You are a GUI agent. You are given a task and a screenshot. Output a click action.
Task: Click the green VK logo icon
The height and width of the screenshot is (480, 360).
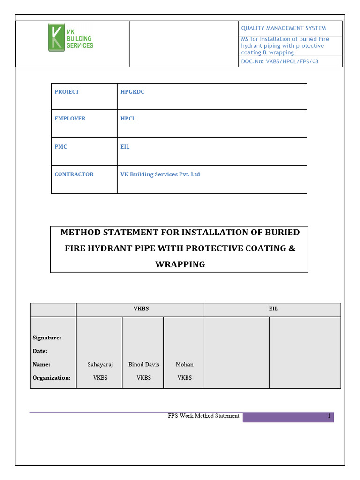tap(56, 38)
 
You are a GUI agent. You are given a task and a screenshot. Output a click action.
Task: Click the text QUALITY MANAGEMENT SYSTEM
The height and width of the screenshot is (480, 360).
tap(283, 28)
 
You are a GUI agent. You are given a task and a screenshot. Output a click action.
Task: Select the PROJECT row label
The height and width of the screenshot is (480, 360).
tap(67, 92)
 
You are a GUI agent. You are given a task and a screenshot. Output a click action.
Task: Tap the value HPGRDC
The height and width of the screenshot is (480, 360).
tap(132, 92)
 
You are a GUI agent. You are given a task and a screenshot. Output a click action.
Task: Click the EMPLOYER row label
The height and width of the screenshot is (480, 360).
tap(70, 119)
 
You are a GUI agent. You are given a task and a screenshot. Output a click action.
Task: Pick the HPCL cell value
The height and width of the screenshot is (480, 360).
tap(128, 119)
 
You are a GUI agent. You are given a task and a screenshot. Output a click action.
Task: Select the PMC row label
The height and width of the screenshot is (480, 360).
tap(60, 147)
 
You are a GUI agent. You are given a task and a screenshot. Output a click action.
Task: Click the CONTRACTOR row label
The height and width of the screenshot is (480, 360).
tap(74, 174)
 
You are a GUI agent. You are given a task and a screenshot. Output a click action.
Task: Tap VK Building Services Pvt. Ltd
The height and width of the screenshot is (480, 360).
tap(160, 174)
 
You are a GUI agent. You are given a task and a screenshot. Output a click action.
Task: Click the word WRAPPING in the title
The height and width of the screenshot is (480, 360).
tap(180, 264)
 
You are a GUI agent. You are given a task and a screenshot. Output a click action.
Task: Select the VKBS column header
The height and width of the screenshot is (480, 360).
tap(141, 309)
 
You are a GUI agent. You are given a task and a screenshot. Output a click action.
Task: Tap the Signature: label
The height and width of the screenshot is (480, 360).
tap(47, 337)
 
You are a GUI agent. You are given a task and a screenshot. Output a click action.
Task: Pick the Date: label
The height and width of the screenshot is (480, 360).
tap(40, 351)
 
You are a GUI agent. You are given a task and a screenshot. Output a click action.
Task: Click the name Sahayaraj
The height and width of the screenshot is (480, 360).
tap(100, 364)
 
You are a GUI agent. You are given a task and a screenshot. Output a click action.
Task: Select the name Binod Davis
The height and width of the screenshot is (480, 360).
tap(143, 364)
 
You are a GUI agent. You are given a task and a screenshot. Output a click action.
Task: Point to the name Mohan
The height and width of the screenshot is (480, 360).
tap(184, 364)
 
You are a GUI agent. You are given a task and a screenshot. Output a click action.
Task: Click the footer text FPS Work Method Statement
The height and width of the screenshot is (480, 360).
tap(203, 416)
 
